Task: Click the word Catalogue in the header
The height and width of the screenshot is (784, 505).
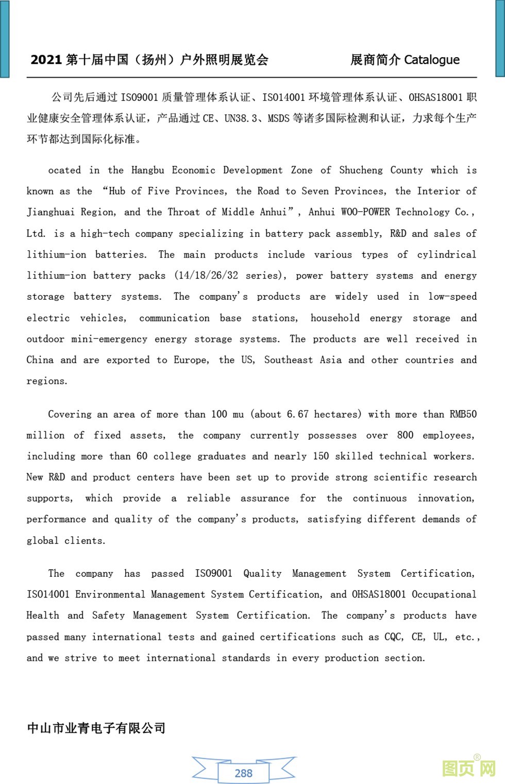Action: [431, 60]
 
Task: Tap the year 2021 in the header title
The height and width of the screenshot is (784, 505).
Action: [46, 60]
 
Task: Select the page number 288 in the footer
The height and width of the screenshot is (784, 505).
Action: [244, 773]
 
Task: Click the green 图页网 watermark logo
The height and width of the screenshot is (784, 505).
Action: [468, 768]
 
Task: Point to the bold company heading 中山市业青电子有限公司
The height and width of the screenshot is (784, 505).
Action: [96, 728]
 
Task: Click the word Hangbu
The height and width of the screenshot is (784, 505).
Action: [148, 170]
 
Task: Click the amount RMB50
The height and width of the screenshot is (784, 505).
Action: [463, 414]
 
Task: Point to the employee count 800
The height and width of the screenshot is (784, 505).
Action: [405, 435]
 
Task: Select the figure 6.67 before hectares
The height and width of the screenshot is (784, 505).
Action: [298, 414]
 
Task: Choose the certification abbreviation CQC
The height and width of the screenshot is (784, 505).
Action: [394, 637]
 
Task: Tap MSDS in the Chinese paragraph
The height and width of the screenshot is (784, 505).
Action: [278, 118]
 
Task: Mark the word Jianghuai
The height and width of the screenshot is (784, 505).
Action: [50, 212]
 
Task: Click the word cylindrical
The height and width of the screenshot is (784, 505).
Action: [447, 254]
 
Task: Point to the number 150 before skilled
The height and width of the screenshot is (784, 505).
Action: [321, 456]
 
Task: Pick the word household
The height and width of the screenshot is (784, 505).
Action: [335, 318]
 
